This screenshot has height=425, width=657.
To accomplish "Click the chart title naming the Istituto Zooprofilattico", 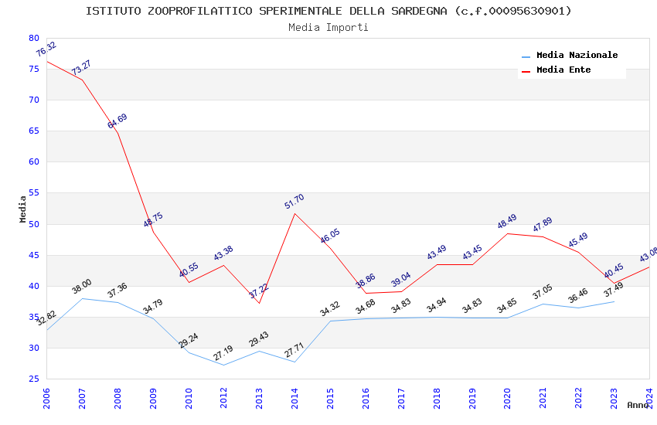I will point(328,11).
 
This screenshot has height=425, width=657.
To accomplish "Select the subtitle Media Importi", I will point(328,27).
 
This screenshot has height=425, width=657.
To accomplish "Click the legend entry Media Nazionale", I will point(577,56).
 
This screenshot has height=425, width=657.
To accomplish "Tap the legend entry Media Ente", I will point(563,70).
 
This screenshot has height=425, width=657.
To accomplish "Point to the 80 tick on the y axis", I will point(33,38).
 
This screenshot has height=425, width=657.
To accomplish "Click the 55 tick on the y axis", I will point(33,193).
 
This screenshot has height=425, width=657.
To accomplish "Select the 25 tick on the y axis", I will point(33,379).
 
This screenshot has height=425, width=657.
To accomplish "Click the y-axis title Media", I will point(23,209).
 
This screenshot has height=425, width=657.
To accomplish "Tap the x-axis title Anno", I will point(638,405).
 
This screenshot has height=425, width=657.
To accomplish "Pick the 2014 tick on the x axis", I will point(294,398).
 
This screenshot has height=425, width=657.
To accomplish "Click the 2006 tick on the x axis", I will point(47,398).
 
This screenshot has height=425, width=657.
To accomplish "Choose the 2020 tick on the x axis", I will point(507,398).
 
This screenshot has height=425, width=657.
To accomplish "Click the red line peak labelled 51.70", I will point(294,213).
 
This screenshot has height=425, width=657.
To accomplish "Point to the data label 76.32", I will point(46,49).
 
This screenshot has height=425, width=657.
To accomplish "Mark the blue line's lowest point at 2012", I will point(223,365).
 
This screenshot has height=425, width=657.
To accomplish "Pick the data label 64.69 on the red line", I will point(117,121).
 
